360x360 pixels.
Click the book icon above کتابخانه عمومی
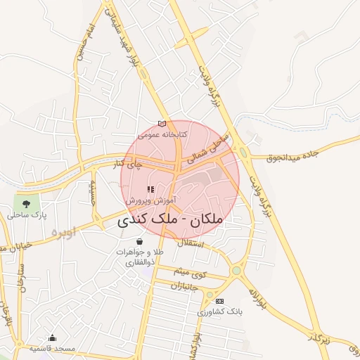(162, 124)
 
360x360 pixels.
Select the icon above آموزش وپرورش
(150, 190)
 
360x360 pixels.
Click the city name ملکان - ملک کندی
(168, 221)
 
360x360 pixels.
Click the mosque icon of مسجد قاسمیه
(52, 338)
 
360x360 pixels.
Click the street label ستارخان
(20, 278)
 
